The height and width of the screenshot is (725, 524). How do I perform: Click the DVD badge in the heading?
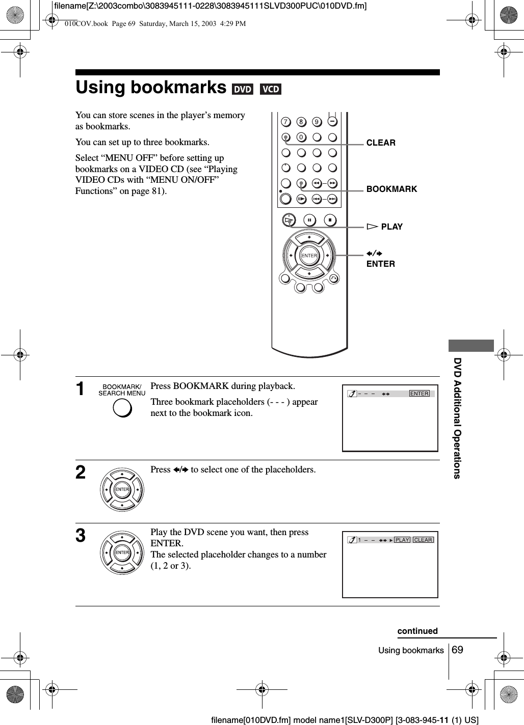pos(243,90)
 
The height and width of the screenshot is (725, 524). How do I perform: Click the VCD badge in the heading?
pos(271,90)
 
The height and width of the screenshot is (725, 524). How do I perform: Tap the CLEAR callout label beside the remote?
pos(381,143)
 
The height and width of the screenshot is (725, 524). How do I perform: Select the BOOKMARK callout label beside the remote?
pos(391,189)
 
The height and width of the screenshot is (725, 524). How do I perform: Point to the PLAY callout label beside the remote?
pos(391,227)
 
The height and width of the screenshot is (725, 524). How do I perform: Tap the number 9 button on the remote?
pos(317,122)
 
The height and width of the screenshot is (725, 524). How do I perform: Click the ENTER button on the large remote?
pos(309,255)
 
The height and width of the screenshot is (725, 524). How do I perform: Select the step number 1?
pos(81,390)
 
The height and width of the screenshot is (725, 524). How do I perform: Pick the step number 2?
pos(81,473)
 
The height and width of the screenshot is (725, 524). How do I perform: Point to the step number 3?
pos(81,536)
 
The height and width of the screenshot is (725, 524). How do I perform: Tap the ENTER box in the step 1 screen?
pos(420,394)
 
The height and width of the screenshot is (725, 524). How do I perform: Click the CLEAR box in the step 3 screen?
pos(423,540)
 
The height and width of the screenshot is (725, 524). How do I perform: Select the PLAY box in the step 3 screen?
pos(402,540)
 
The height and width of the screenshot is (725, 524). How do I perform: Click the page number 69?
pos(457,650)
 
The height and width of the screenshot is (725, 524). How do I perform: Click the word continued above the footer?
pos(417,631)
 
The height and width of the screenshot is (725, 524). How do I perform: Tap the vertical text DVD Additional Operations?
pos(457,418)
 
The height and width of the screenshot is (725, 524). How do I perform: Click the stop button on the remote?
pos(330,220)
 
